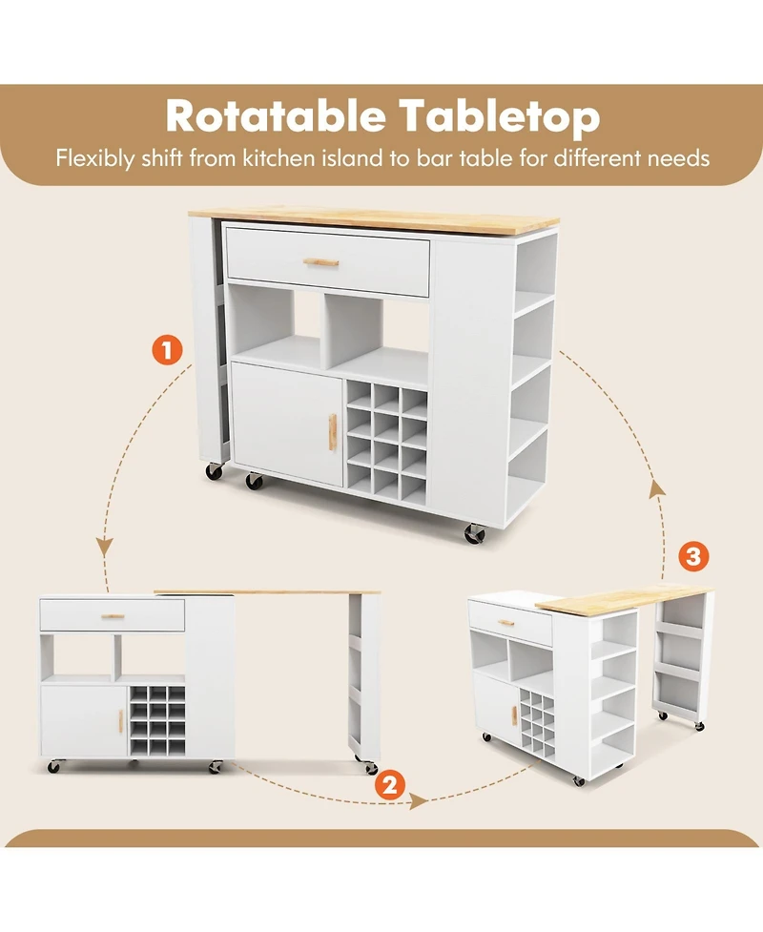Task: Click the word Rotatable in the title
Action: (x=273, y=116)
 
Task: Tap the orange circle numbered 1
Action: (x=167, y=349)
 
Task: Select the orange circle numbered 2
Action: (x=388, y=785)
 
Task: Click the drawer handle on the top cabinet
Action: (x=321, y=262)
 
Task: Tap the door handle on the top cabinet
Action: (x=333, y=432)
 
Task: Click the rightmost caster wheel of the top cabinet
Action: (x=474, y=534)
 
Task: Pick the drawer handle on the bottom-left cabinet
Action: (x=113, y=616)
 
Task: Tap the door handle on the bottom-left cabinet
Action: (x=120, y=722)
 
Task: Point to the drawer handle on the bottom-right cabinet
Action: (x=506, y=623)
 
